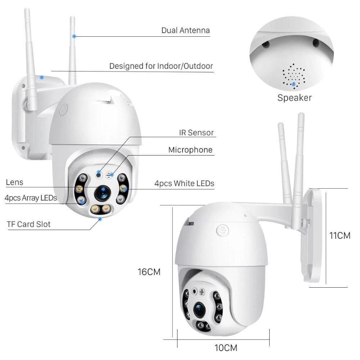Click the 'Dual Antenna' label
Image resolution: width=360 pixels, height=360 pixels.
pyautogui.click(x=185, y=30)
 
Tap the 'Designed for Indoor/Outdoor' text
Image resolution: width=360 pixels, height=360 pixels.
pyautogui.click(x=161, y=66)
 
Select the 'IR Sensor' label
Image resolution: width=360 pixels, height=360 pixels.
pyautogui.click(x=196, y=133)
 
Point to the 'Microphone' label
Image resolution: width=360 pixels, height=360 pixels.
pyautogui.click(x=190, y=150)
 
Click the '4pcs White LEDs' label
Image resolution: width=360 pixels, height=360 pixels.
pyautogui.click(x=184, y=184)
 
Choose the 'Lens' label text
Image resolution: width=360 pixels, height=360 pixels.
pyautogui.click(x=14, y=182)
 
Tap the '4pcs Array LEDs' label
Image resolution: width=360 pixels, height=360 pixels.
pyautogui.click(x=31, y=198)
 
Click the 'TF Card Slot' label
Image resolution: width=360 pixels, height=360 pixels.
pyautogui.click(x=29, y=224)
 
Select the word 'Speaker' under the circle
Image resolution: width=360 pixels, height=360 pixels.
pyautogui.click(x=294, y=98)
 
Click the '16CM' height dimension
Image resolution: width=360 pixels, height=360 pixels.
pyautogui.click(x=149, y=272)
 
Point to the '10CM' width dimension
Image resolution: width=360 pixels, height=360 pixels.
pyautogui.click(x=226, y=348)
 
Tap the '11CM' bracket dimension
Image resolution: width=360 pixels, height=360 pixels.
pyautogui.click(x=340, y=236)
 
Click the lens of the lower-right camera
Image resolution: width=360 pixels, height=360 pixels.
pyautogui.click(x=199, y=309)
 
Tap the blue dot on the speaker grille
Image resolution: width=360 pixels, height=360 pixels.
pyautogui.click(x=294, y=84)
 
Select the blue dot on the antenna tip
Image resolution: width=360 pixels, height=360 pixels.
pyautogui.click(x=74, y=36)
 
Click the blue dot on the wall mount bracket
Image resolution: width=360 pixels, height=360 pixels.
pyautogui.click(x=42, y=77)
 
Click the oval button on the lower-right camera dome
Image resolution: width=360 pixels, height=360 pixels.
pyautogui.click(x=222, y=231)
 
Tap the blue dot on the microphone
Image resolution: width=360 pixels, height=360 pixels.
pyautogui.click(x=112, y=175)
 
